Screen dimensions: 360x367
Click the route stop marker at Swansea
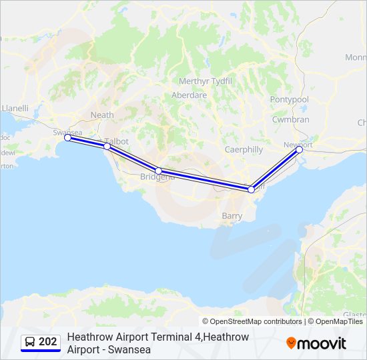tap(67, 138)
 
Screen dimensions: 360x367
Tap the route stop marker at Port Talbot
tap(107, 146)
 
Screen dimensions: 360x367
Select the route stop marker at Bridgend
tap(158, 171)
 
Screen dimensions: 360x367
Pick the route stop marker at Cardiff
tap(251, 189)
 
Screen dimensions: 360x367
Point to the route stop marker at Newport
tap(299, 149)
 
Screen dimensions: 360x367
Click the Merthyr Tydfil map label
tap(205, 81)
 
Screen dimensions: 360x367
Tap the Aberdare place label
tap(189, 95)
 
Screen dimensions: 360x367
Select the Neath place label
tap(102, 115)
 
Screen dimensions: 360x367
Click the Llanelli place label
tap(15, 107)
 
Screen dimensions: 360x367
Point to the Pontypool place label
tap(290, 99)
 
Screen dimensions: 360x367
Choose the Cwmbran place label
tap(290, 119)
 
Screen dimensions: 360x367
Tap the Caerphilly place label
tap(244, 150)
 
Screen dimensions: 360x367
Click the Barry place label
tap(232, 216)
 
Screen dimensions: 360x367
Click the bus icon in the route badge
tap(29, 342)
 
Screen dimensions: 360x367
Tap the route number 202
tap(48, 342)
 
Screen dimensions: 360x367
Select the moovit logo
tap(316, 343)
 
